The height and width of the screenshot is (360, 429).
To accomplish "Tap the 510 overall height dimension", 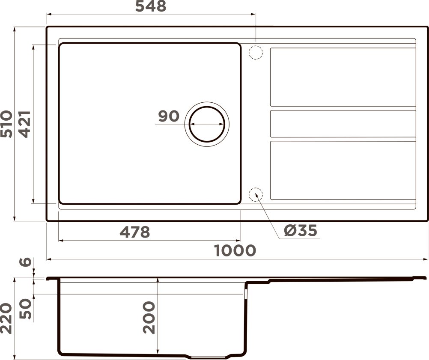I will [7, 124].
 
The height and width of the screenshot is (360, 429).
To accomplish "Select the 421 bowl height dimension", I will [24, 124].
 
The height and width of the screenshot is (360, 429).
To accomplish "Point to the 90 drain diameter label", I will [169, 116].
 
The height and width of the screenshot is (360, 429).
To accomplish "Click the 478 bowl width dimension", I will [135, 232].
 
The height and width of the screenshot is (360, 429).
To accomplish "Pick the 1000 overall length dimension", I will [235, 250].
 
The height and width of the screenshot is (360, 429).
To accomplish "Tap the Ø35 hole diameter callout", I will [301, 231].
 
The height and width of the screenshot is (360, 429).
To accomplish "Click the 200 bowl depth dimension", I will [149, 317].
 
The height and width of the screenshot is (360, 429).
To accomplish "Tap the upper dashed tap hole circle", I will [255, 52].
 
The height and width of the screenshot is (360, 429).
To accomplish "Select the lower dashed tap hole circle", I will [256, 195].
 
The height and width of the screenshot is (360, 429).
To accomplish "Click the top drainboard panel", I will [343, 77].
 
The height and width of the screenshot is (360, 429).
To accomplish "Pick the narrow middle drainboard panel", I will [343, 124].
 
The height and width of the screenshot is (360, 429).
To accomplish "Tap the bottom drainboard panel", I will [343, 170].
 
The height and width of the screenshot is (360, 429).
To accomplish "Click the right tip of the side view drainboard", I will [425, 277].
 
